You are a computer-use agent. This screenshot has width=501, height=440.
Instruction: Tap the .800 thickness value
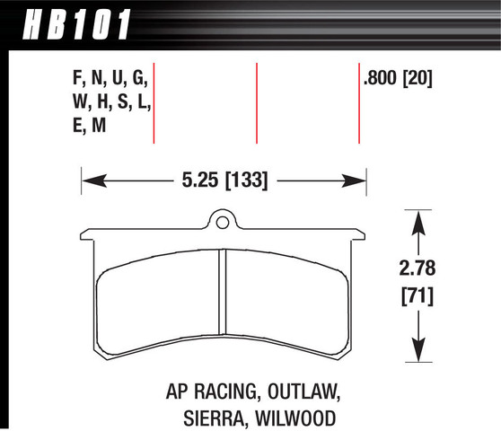coord(381,79)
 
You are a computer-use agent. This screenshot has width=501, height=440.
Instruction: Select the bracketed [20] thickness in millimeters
coord(418,79)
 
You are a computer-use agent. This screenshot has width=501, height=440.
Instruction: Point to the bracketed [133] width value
coord(243,180)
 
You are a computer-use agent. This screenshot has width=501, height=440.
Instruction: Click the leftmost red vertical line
coord(156,103)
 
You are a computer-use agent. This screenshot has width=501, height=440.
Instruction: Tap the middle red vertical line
coord(258,103)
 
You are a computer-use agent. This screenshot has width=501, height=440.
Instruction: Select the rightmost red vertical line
coord(359,103)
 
